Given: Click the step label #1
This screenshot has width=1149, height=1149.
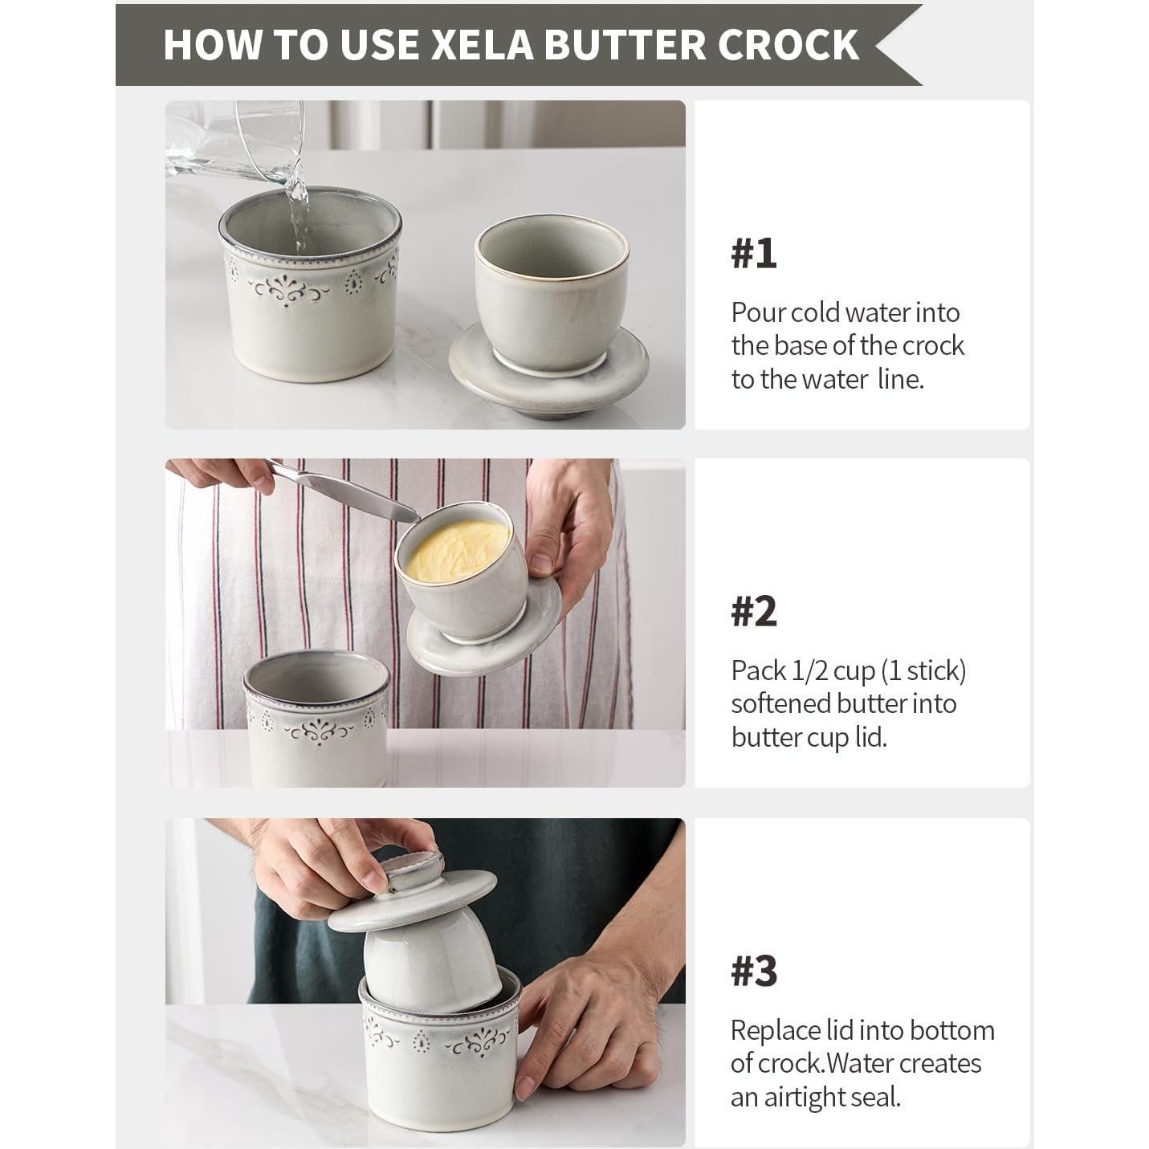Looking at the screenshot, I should pyautogui.click(x=753, y=253).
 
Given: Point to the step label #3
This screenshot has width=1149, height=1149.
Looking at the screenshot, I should pyautogui.click(x=753, y=971).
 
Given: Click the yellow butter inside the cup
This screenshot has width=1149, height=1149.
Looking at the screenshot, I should pyautogui.click(x=456, y=548).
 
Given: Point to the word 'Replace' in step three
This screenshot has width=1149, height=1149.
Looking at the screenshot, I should pyautogui.click(x=776, y=1030).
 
